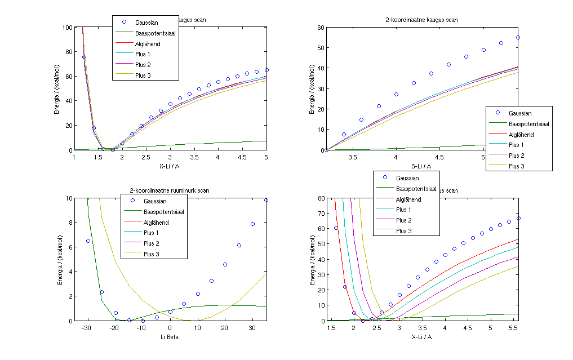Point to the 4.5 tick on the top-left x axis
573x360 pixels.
pos(242,158)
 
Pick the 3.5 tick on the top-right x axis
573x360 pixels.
pos(361,158)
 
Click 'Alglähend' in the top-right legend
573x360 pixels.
pos(521,135)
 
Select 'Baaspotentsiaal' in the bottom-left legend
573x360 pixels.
pos(165,212)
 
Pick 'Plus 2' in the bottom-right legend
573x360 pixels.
pos(404,220)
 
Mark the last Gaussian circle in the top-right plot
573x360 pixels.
pos(518,38)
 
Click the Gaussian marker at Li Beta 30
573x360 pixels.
pos(252,224)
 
